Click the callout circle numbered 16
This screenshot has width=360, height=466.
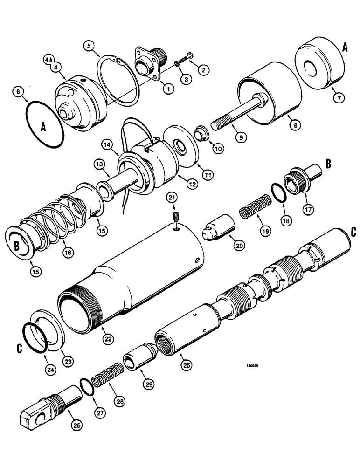[69, 252]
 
